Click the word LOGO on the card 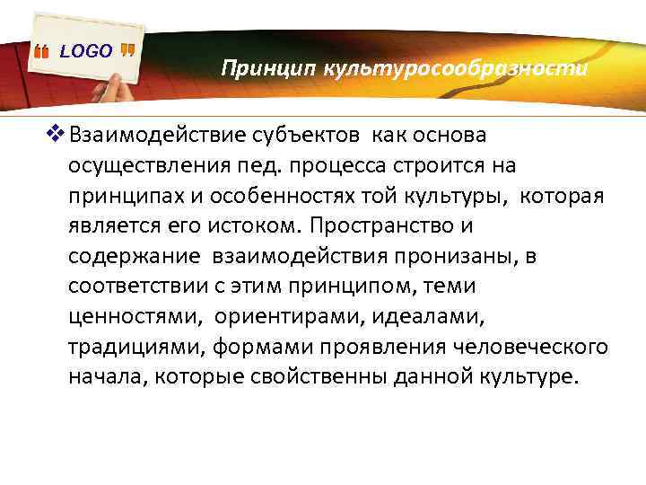(x=86, y=51)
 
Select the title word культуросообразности (x=442, y=69)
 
